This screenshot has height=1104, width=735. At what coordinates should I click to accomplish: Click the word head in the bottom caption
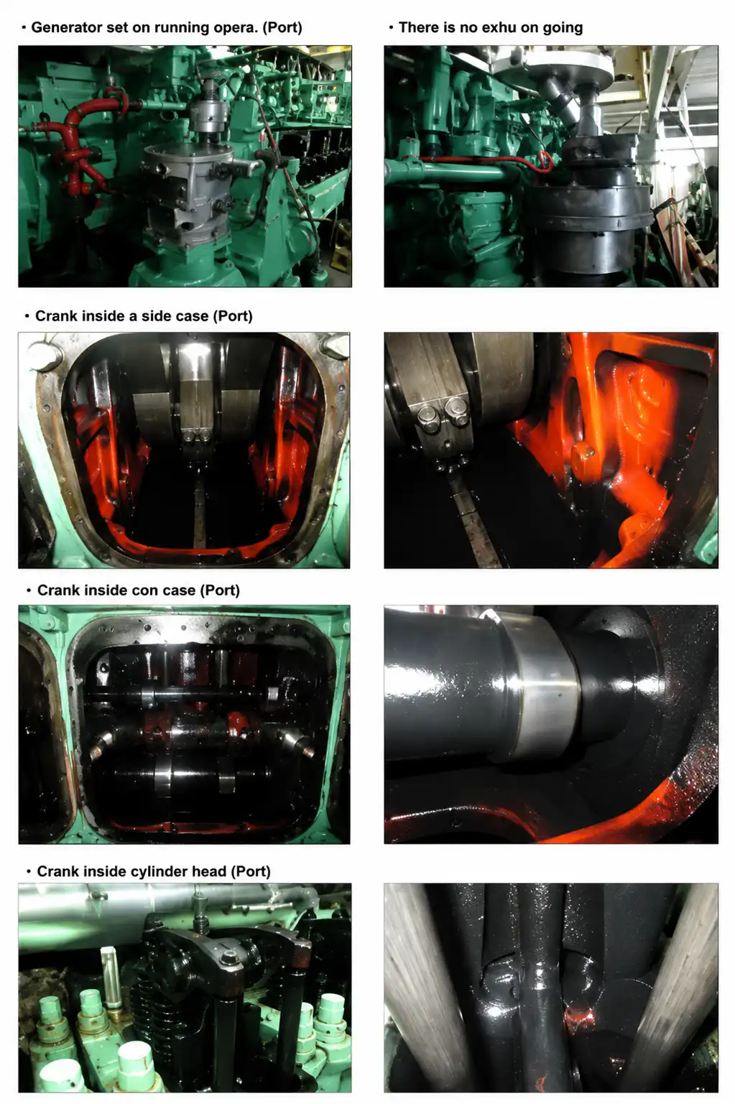209,871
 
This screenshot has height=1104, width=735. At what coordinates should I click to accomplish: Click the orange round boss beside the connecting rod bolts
583,453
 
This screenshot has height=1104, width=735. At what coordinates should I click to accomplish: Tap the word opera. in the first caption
236,28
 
